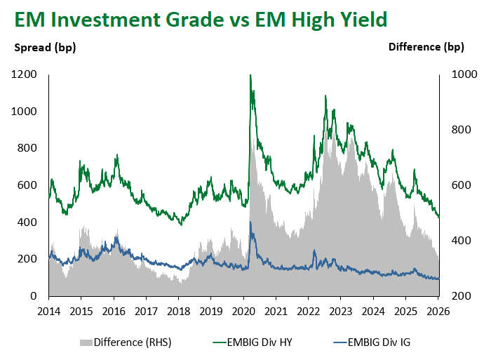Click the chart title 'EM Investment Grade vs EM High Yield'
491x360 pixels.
click(x=199, y=20)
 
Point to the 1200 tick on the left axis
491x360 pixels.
click(x=27, y=74)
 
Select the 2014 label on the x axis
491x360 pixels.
click(x=49, y=310)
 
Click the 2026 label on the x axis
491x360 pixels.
click(x=438, y=310)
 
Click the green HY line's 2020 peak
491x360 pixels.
click(x=250, y=75)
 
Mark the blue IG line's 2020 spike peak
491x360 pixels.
click(x=251, y=222)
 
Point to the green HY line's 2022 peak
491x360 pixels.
click(x=325, y=96)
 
